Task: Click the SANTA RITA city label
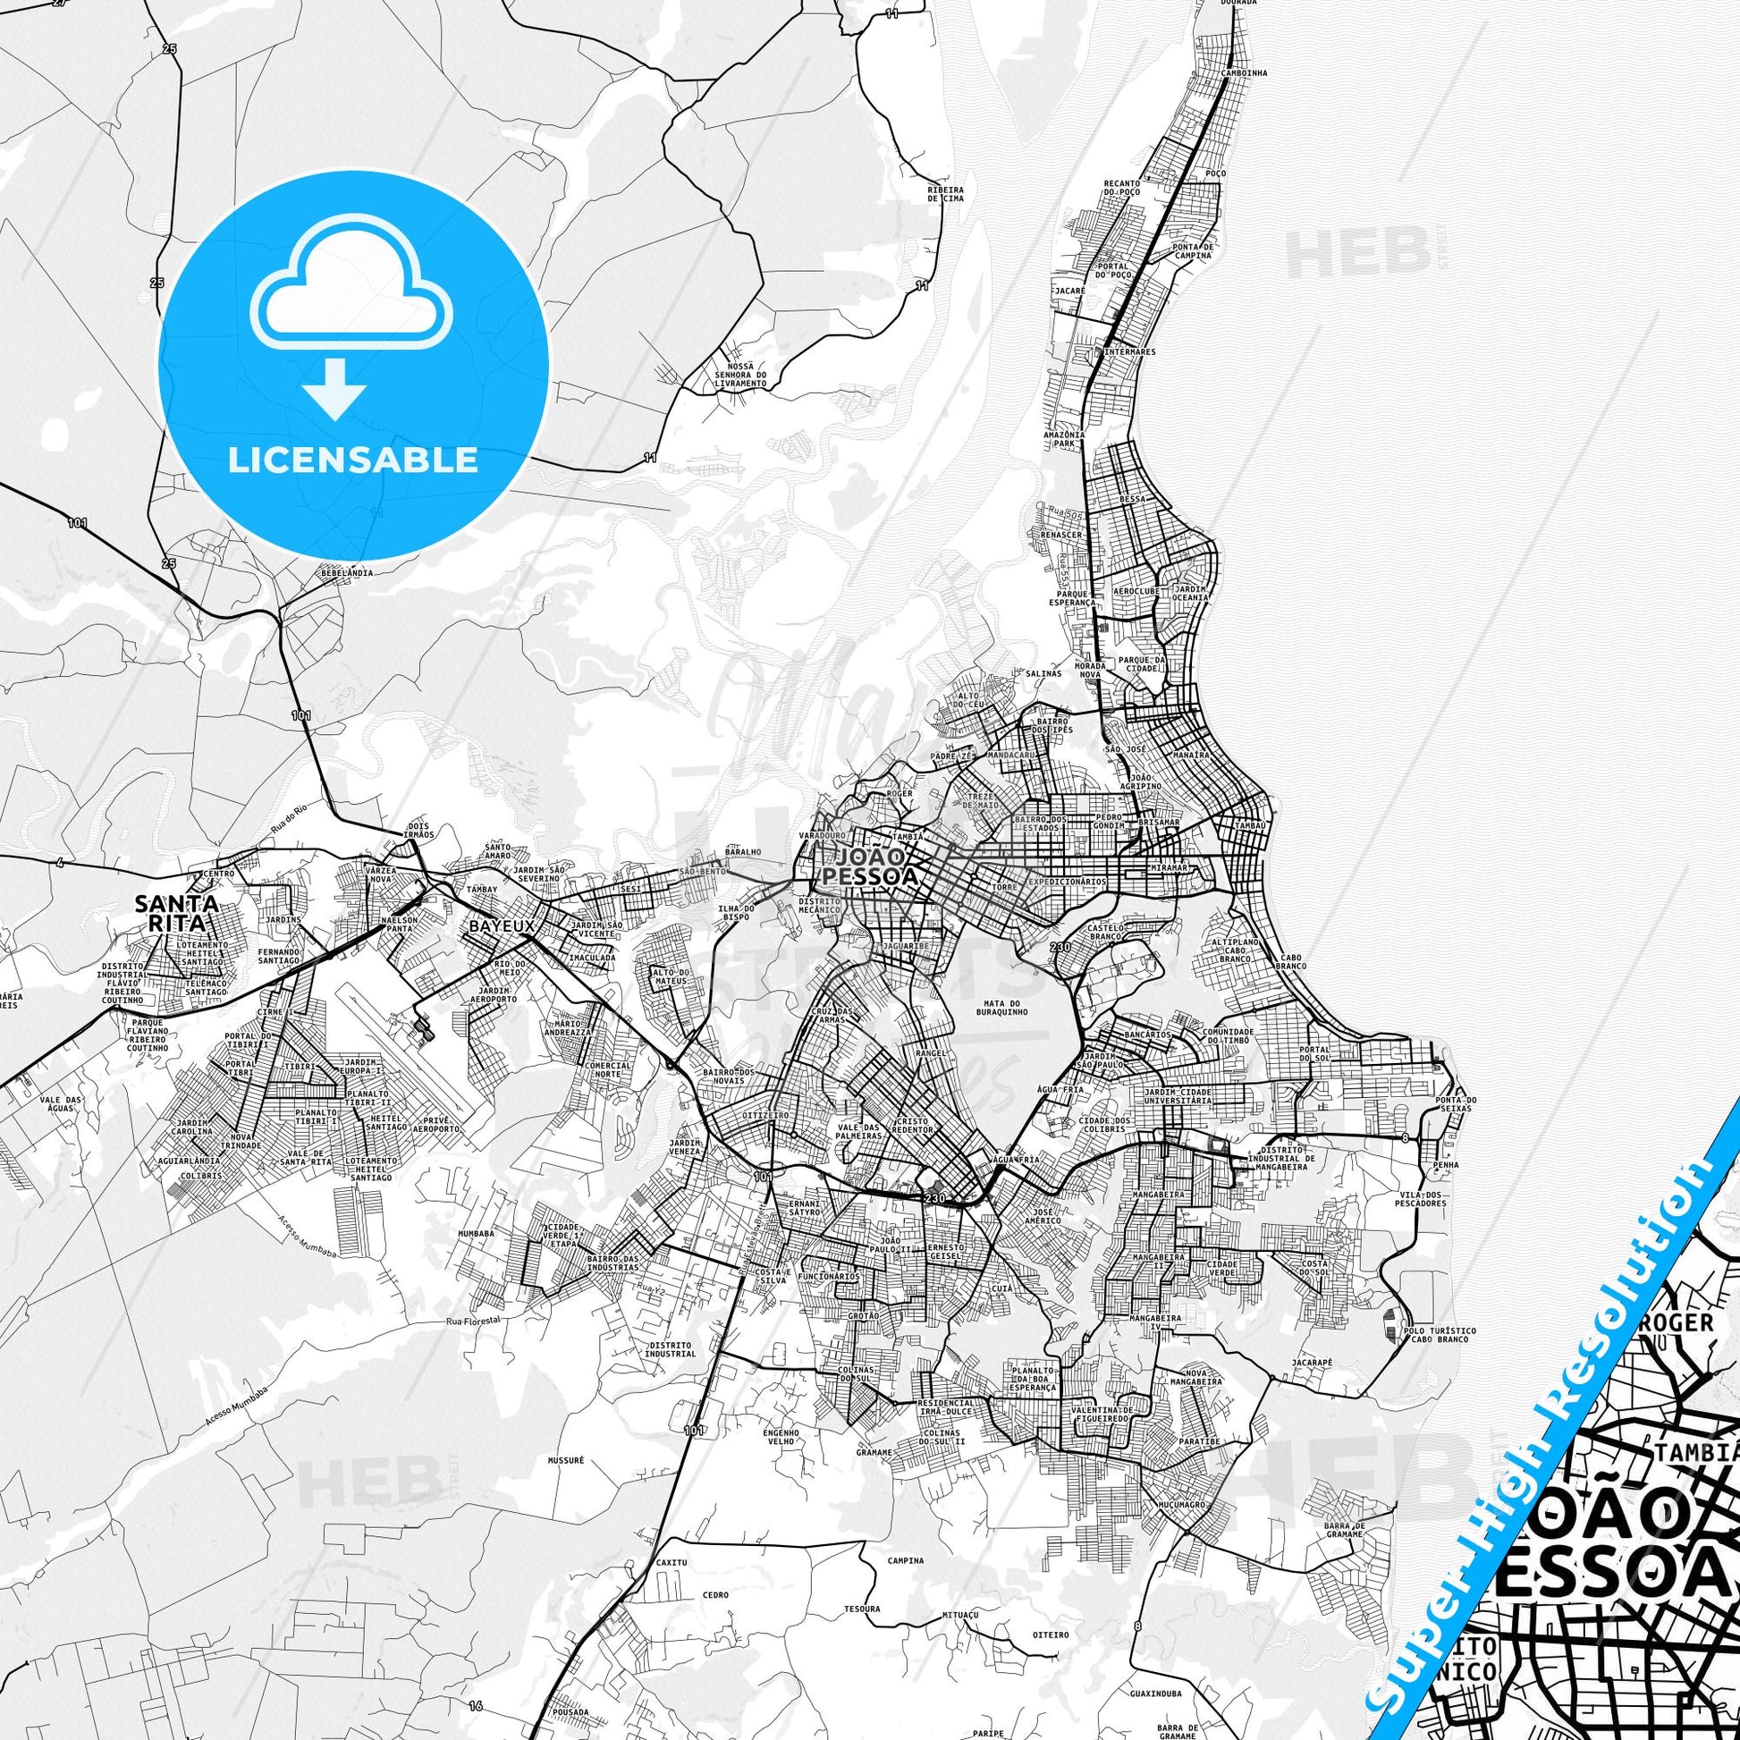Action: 175,912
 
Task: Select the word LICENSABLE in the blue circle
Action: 353,460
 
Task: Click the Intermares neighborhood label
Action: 1128,352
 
